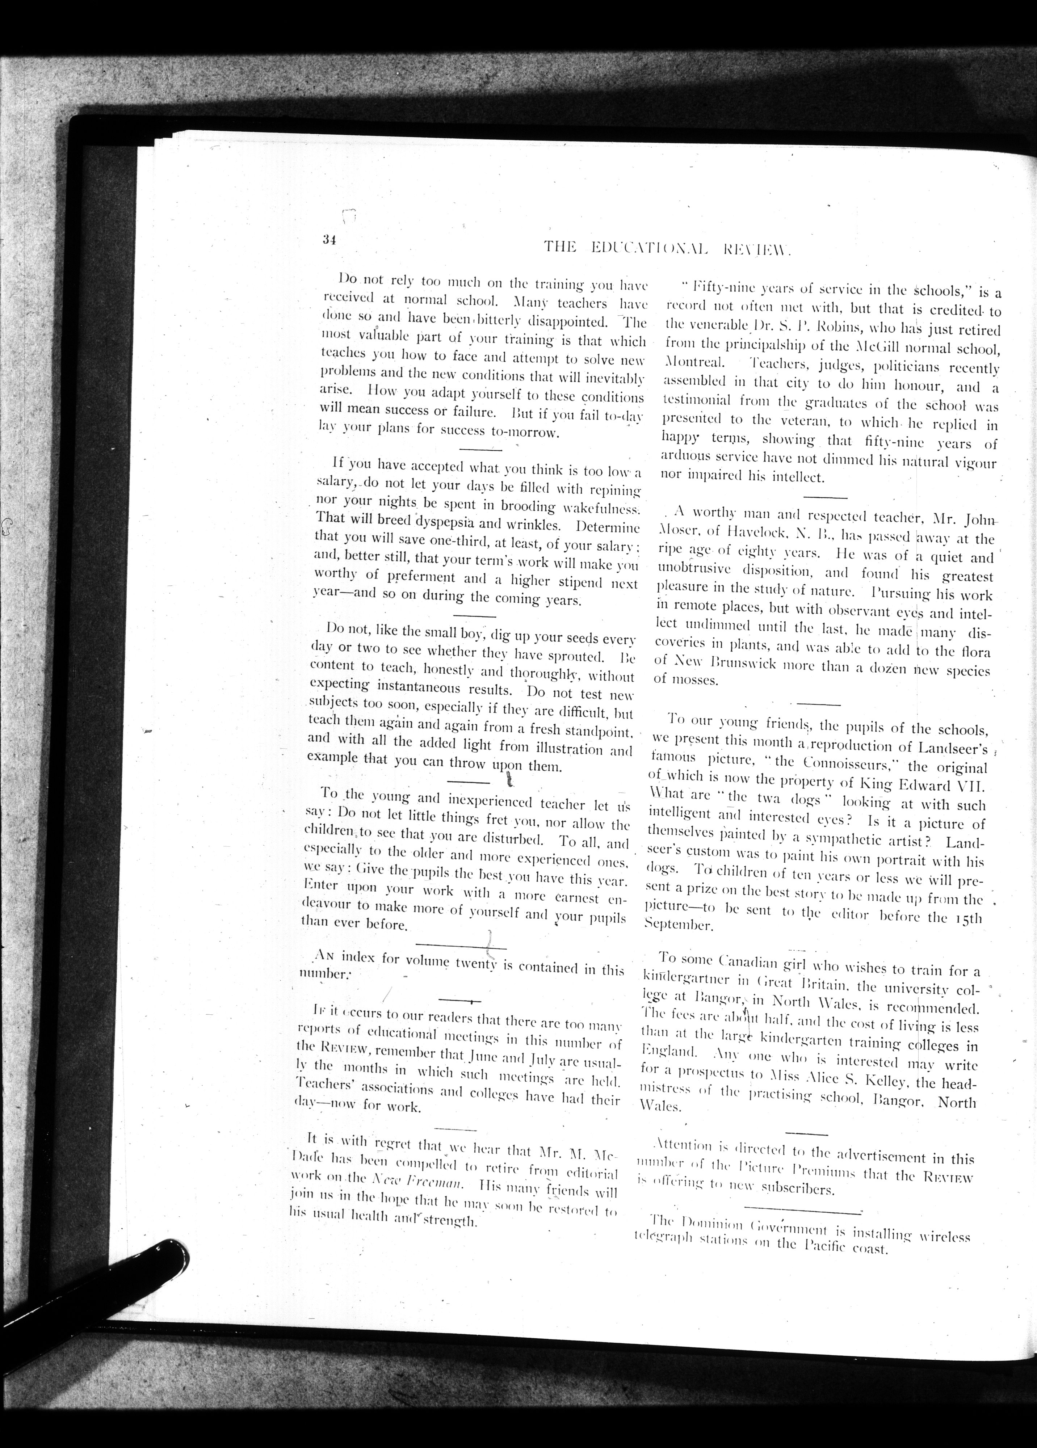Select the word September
(x=677, y=923)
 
